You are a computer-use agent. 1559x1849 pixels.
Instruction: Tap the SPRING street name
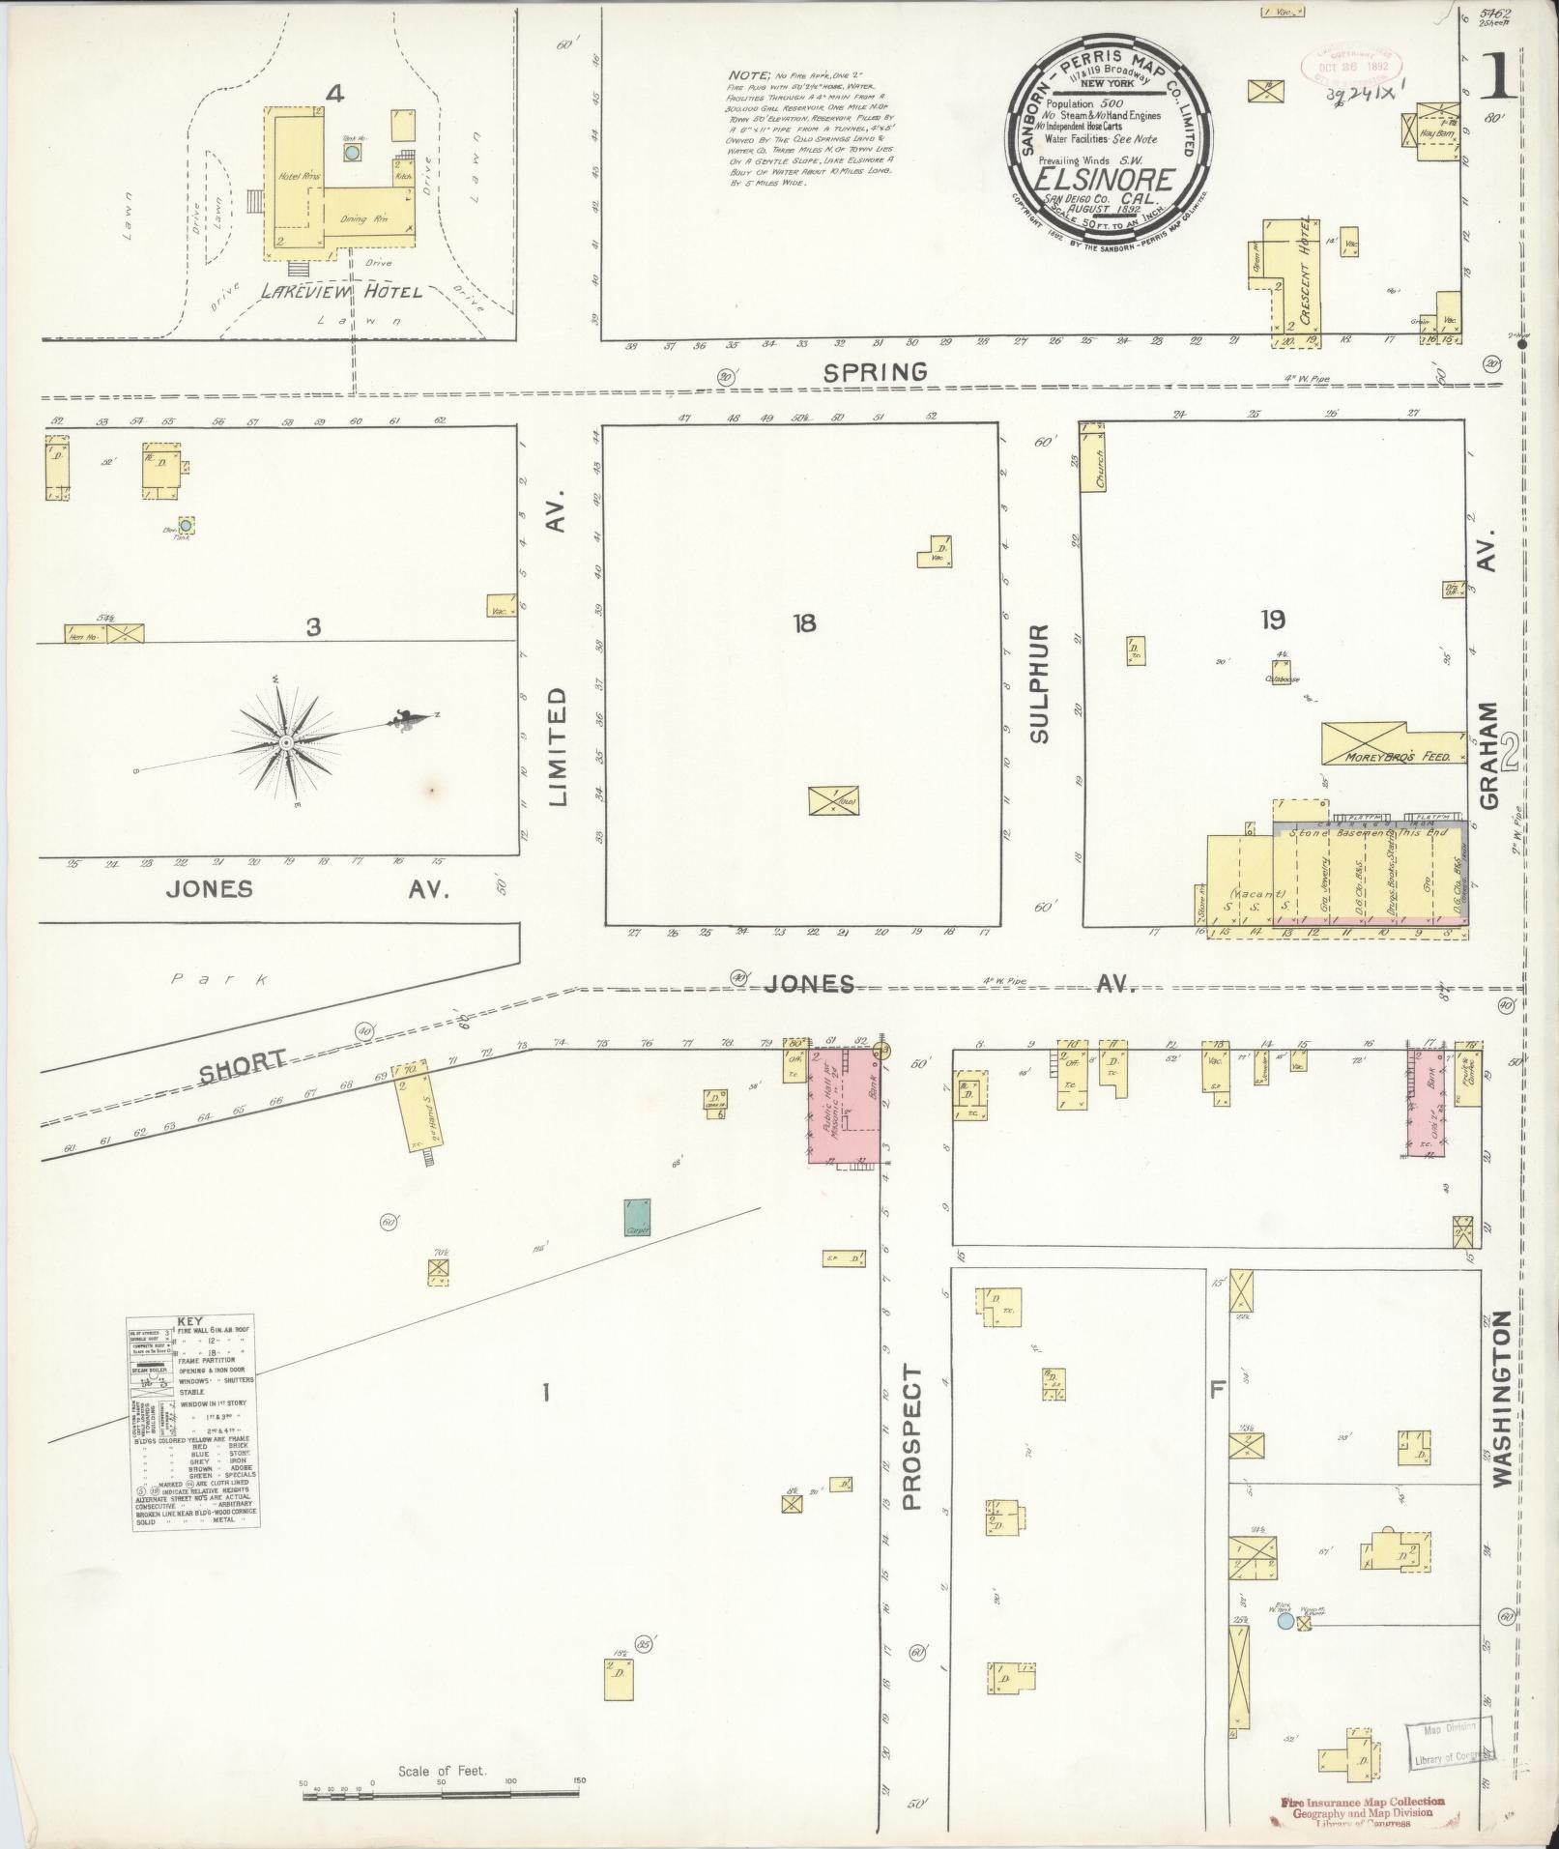coord(876,371)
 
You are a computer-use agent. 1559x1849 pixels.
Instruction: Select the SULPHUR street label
coord(1040,682)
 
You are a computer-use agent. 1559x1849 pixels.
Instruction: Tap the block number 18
coord(804,623)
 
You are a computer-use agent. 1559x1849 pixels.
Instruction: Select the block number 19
coord(1272,620)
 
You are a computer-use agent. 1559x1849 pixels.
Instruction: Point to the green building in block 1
coord(636,1218)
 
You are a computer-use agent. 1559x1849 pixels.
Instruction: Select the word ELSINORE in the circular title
coord(1104,180)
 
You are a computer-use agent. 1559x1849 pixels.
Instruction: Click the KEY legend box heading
coord(193,1321)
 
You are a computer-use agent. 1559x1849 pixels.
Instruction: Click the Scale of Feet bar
coord(442,1794)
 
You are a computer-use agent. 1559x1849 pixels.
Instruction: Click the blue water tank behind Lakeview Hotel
coord(352,152)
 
